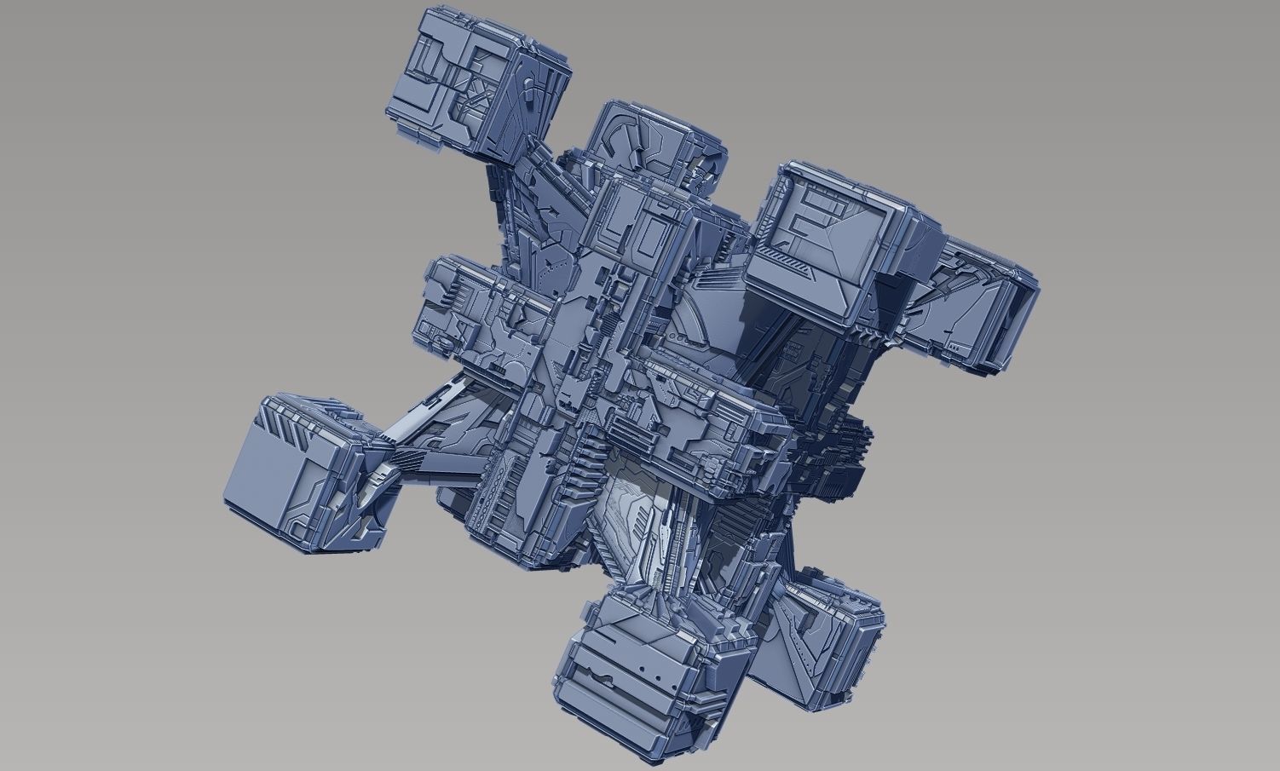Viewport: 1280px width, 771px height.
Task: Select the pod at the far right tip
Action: tap(980, 307)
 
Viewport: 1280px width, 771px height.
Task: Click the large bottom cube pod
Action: tap(639, 673)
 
